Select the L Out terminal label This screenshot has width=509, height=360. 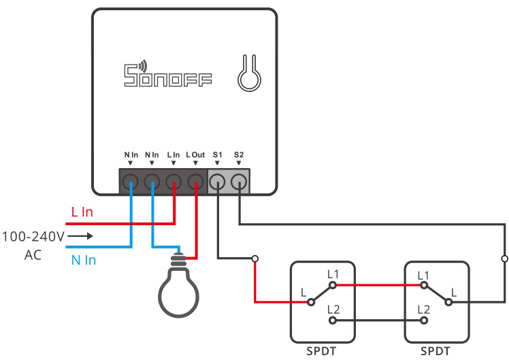(195, 155)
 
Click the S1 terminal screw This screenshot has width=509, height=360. (217, 181)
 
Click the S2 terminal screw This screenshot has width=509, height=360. (239, 181)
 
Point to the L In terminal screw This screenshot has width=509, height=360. (174, 181)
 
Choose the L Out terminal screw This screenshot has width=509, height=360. (196, 181)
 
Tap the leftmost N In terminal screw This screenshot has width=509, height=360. (131, 181)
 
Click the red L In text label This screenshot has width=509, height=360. (82, 212)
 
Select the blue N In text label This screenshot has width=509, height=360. (84, 259)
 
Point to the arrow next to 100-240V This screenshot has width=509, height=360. (80, 237)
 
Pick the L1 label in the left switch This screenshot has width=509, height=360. (333, 274)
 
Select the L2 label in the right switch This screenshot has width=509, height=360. (424, 309)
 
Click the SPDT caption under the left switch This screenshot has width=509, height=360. (322, 352)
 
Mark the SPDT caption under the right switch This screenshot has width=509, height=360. (436, 352)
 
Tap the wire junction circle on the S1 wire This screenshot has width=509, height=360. (255, 259)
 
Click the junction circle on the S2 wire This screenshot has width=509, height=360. (504, 259)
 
